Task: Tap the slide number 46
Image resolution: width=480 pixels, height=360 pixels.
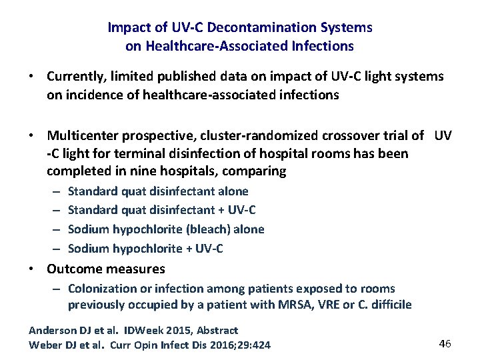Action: [445, 343]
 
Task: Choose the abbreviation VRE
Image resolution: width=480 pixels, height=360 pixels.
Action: [335, 305]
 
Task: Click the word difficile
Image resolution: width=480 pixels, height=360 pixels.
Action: [390, 305]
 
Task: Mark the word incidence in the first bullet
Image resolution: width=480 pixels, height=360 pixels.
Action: [89, 95]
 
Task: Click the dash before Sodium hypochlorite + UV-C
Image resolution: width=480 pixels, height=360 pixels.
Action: [56, 249]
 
